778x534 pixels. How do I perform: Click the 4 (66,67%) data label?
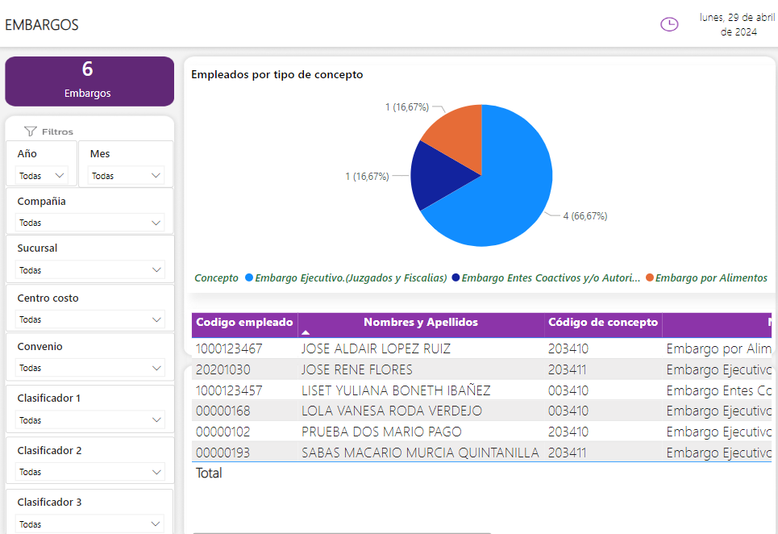click(585, 216)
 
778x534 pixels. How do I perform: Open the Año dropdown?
click(42, 175)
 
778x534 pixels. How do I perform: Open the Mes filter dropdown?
click(127, 175)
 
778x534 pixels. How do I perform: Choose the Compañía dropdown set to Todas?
click(89, 223)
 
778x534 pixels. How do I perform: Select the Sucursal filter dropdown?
click(89, 270)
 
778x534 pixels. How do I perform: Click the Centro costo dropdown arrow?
click(156, 319)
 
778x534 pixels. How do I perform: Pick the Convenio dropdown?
click(89, 368)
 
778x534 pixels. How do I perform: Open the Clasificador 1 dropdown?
click(89, 420)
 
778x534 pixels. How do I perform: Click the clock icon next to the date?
click(669, 24)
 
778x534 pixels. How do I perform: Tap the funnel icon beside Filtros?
click(31, 131)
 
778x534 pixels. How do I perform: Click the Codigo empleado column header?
click(244, 323)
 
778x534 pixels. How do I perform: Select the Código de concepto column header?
click(603, 323)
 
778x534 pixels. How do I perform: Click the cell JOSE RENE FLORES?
click(356, 369)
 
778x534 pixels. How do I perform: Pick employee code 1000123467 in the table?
click(229, 348)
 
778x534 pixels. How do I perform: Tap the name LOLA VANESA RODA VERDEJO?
click(391, 411)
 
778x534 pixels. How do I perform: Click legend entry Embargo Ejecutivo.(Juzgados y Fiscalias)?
click(351, 277)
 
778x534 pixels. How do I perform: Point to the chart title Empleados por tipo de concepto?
click(277, 74)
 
